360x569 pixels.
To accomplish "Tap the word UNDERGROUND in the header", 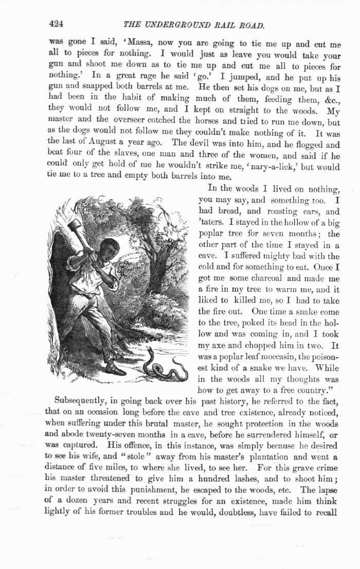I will pos(187,25).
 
